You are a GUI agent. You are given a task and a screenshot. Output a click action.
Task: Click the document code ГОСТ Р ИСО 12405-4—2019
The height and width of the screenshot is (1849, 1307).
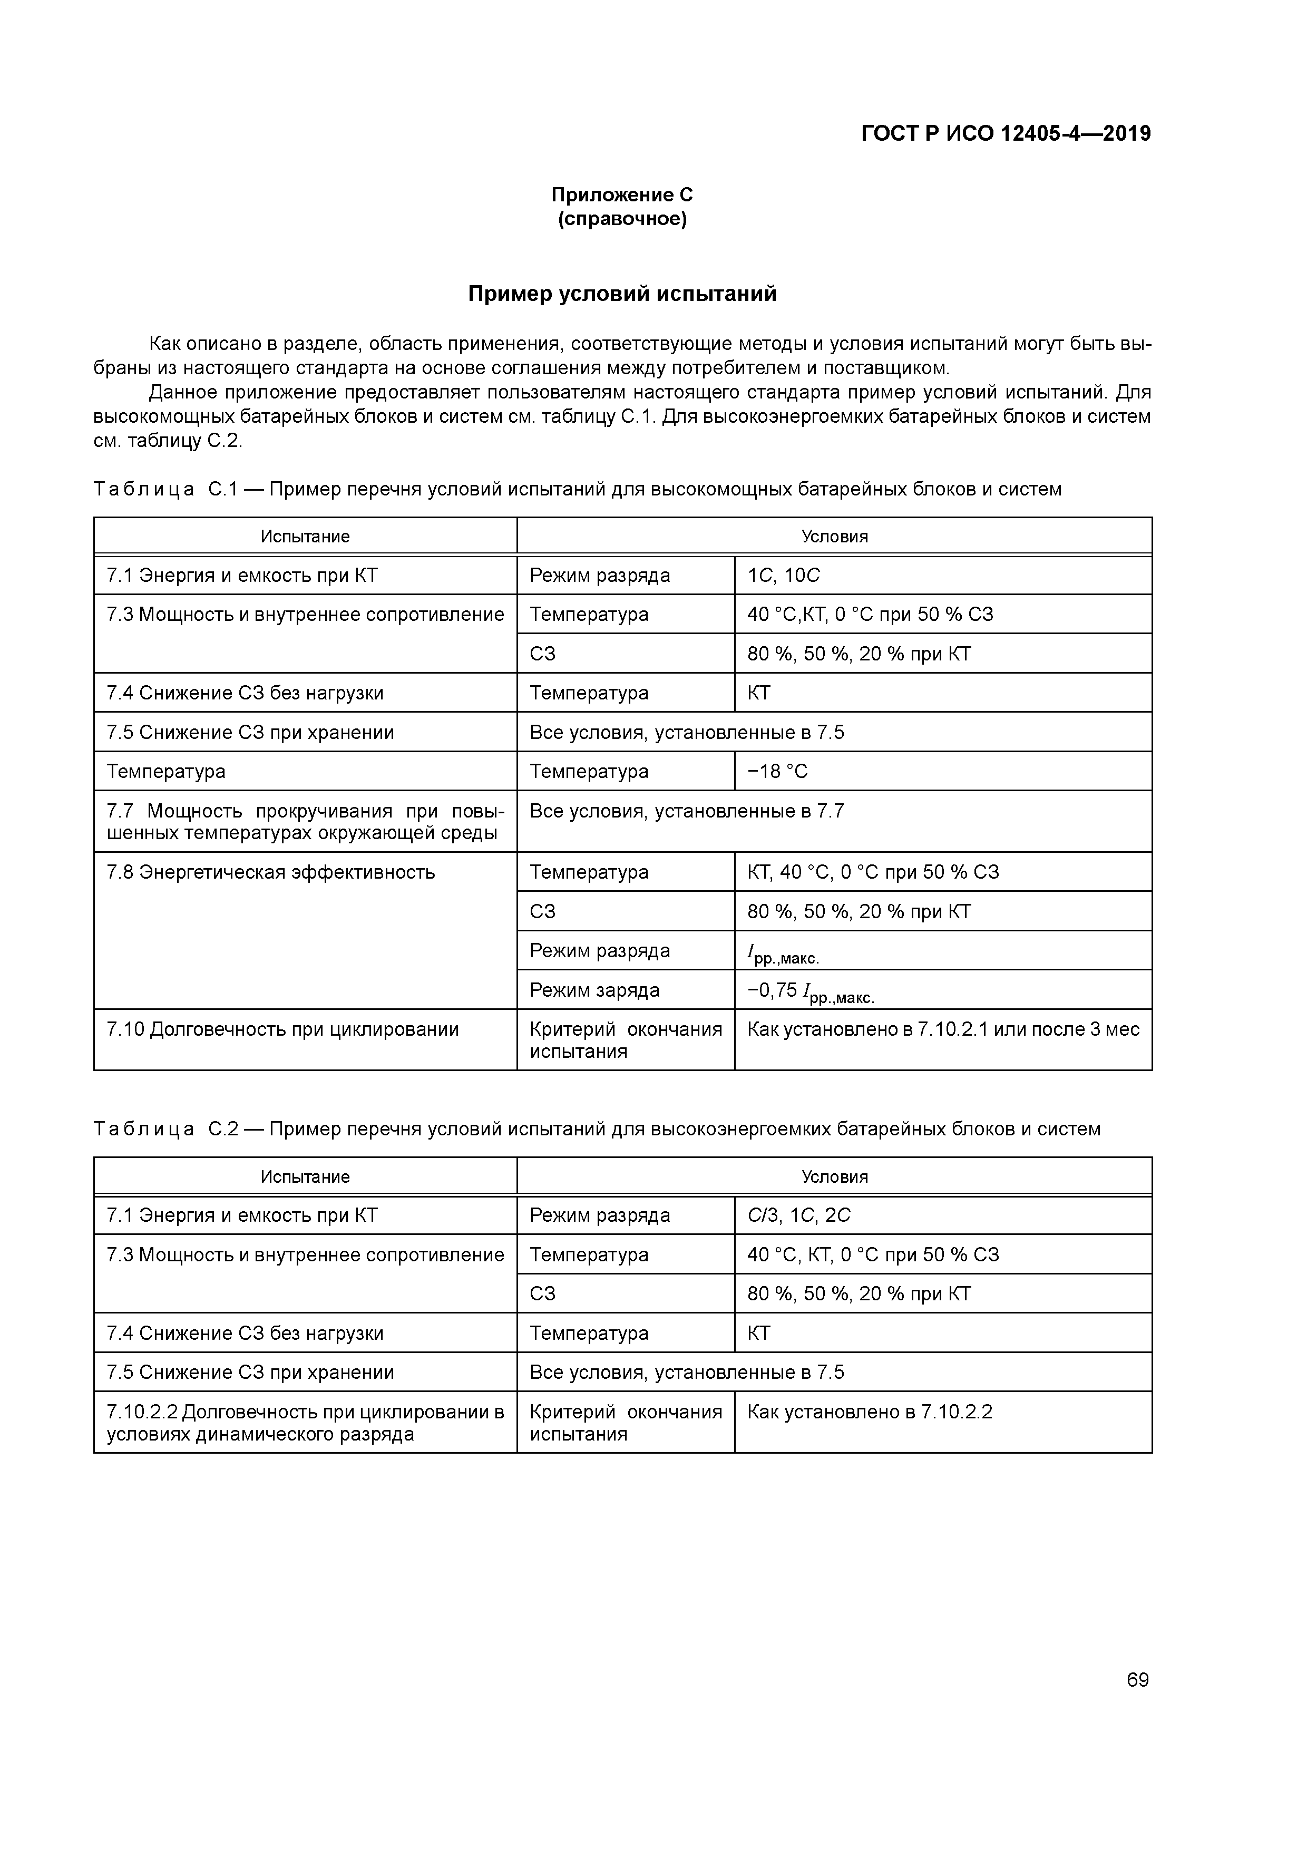click(1006, 134)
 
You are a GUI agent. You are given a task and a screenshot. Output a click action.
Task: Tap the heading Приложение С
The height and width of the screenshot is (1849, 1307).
click(622, 195)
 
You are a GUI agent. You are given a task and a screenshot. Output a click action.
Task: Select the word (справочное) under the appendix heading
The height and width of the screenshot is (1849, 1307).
click(622, 219)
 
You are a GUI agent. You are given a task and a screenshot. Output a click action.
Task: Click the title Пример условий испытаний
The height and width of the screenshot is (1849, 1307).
click(622, 295)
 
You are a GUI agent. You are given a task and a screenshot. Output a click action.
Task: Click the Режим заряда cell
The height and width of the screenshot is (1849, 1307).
click(594, 990)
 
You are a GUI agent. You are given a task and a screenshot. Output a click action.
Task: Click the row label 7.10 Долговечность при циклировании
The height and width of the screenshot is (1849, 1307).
click(282, 1029)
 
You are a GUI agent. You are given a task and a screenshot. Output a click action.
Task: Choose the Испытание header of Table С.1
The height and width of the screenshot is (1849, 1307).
click(305, 537)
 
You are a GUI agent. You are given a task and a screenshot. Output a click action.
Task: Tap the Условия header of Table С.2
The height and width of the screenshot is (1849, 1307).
click(834, 1176)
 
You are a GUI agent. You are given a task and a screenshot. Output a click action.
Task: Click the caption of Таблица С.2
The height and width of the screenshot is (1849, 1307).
click(597, 1129)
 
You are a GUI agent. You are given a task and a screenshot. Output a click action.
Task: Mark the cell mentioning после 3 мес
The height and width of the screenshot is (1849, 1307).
click(943, 1029)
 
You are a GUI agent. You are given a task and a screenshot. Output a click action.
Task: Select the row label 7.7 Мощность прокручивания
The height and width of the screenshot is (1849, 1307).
click(305, 821)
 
